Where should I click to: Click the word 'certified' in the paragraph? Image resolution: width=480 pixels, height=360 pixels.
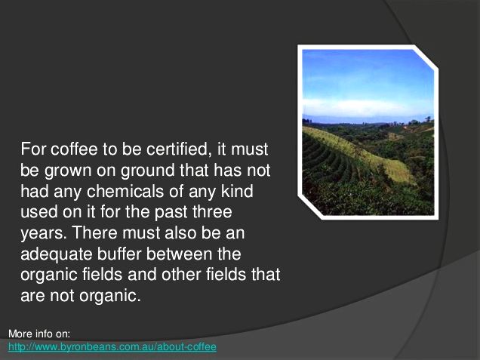click(179, 149)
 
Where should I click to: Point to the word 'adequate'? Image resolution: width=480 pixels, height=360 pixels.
click(57, 254)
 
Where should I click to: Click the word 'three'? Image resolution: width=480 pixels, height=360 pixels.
click(211, 212)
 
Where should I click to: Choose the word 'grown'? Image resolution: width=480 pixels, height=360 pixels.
click(68, 171)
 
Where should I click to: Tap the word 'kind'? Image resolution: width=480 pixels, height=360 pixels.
click(237, 192)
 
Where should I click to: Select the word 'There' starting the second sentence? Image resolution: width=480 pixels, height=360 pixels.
click(94, 233)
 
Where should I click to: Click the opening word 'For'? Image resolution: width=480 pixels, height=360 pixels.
click(33, 149)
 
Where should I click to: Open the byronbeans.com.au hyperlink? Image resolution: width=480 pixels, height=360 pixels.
click(112, 347)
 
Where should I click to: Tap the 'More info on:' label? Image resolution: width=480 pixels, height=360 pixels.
click(39, 334)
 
